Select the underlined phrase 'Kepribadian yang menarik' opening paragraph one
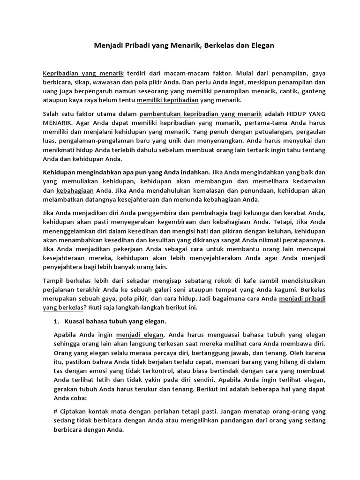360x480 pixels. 83,74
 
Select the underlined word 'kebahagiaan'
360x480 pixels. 75,190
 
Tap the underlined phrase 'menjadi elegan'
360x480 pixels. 141,335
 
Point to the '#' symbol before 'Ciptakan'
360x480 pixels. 57,411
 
